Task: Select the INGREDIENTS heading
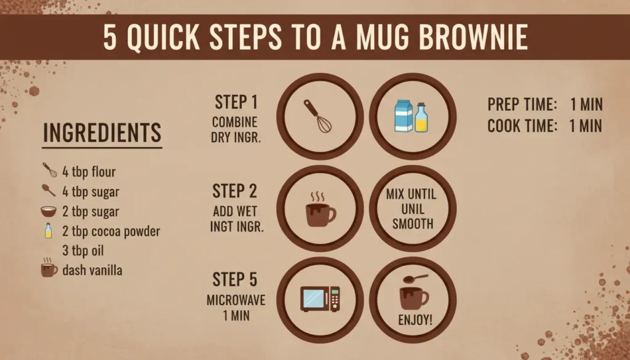point(102,132)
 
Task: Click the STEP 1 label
point(236,102)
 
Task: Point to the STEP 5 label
point(234,279)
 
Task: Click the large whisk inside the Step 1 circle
point(317,116)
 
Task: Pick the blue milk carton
point(404,116)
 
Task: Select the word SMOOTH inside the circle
point(413,224)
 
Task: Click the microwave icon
point(320,298)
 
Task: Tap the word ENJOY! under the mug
point(415,320)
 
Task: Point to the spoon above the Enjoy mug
point(415,278)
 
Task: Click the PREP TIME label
point(522,105)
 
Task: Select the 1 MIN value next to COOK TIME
point(586,126)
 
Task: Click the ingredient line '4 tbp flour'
point(89,172)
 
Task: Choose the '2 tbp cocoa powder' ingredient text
point(111,231)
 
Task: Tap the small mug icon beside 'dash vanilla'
point(49,268)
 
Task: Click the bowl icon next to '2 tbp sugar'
point(49,211)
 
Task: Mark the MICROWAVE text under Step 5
point(236,300)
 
